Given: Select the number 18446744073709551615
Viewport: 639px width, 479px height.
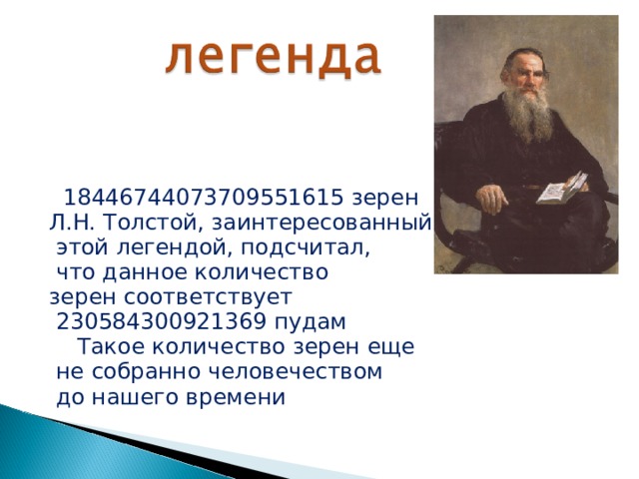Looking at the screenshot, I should (205, 196).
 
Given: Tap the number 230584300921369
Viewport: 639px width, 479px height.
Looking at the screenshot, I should (162, 322).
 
